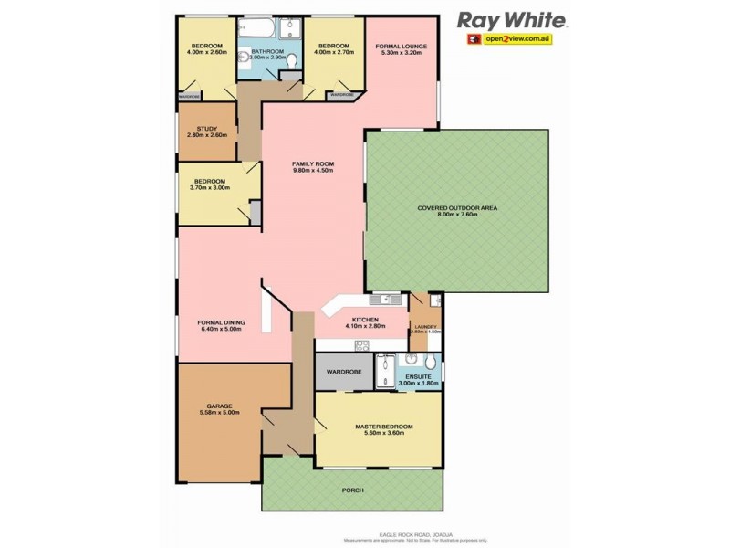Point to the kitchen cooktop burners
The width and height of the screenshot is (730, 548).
click(x=361, y=344)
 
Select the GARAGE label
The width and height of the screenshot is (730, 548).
click(x=219, y=406)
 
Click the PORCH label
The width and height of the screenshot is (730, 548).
click(x=352, y=490)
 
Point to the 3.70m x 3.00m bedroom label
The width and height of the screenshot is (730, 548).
click(x=209, y=188)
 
